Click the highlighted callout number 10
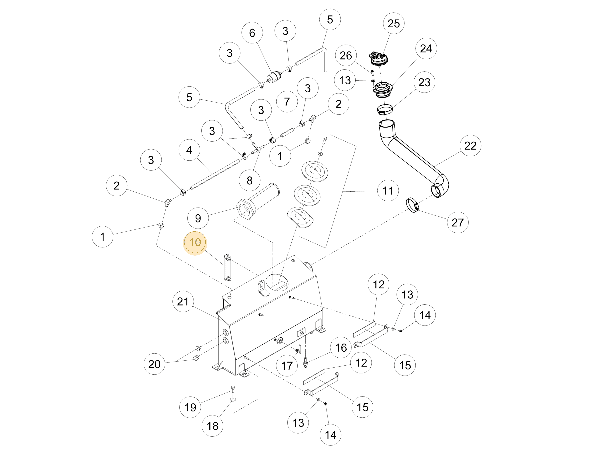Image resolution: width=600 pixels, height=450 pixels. (x=195, y=242)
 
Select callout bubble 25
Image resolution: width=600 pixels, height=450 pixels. (x=393, y=24)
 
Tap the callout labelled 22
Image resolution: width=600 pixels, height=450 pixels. (x=470, y=146)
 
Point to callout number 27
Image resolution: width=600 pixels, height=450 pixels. (x=457, y=222)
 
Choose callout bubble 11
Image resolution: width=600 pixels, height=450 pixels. (x=388, y=191)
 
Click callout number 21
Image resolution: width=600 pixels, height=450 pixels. (x=183, y=302)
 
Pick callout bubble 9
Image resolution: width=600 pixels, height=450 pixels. (x=198, y=218)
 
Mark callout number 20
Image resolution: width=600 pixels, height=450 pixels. (x=154, y=364)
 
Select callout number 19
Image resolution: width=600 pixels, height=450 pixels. (x=190, y=407)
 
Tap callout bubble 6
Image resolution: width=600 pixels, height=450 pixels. (x=252, y=33)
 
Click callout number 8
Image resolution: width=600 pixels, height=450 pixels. (x=250, y=181)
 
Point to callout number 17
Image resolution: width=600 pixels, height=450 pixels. (x=287, y=366)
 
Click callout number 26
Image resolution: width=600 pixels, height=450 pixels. (x=346, y=55)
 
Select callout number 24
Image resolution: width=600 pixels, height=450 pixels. (x=426, y=49)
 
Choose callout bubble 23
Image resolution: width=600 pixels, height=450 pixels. (x=424, y=82)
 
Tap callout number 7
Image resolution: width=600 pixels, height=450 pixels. (x=287, y=102)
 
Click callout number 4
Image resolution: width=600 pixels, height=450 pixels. (x=189, y=150)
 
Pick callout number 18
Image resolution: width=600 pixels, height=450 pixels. (x=213, y=426)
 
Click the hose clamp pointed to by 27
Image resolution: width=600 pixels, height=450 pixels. (x=413, y=205)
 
